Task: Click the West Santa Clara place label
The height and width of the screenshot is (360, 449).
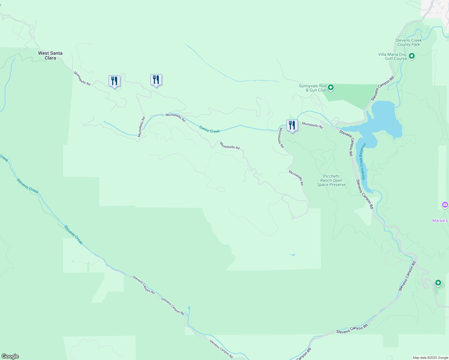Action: point(50,55)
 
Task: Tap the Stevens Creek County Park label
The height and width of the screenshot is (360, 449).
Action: point(408,42)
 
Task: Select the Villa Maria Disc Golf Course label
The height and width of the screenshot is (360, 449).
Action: point(393,56)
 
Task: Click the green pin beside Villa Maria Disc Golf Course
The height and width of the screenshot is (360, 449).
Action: point(412,56)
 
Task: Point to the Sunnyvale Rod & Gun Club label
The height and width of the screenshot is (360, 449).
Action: point(312,88)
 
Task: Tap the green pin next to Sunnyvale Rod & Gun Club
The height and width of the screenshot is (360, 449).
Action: point(330,88)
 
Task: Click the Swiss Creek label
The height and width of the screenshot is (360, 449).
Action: point(209,129)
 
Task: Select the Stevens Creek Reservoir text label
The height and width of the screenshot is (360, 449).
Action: point(363,161)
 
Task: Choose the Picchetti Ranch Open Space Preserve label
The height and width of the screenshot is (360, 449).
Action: point(331,180)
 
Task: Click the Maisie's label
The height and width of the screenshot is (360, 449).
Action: point(440,220)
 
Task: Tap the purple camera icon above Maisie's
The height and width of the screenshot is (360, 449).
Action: point(445,205)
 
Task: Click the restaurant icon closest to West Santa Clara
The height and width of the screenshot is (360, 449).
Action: point(114,81)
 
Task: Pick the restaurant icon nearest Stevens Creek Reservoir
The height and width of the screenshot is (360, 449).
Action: point(292,125)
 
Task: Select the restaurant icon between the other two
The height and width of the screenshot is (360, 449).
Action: point(156,80)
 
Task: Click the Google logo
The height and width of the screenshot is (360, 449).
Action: point(10,356)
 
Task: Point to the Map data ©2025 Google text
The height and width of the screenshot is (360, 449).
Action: point(430,358)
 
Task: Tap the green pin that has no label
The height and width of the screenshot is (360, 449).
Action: point(438,283)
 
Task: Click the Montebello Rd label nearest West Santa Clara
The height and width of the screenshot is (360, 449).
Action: point(82,78)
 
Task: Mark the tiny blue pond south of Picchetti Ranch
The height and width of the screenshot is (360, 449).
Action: point(293,255)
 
